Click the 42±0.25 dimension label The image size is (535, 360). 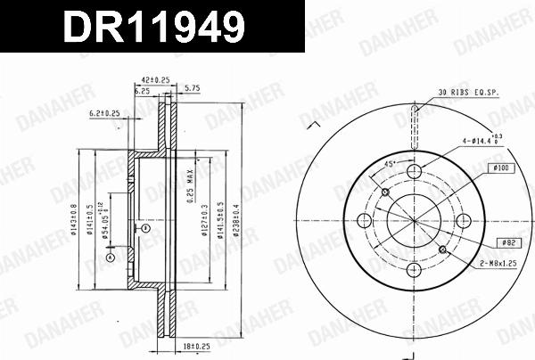pyautogui.click(x=156, y=78)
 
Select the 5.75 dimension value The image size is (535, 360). pyautogui.click(x=191, y=89)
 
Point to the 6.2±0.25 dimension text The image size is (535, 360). pyautogui.click(x=104, y=113)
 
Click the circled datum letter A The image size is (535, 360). pyautogui.click(x=111, y=257)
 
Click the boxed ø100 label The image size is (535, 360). pyautogui.click(x=499, y=168)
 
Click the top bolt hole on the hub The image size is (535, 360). pyautogui.click(x=414, y=172)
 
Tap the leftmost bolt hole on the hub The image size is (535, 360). pyautogui.click(x=364, y=221)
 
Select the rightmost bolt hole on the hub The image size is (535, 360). pyautogui.click(x=463, y=221)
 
